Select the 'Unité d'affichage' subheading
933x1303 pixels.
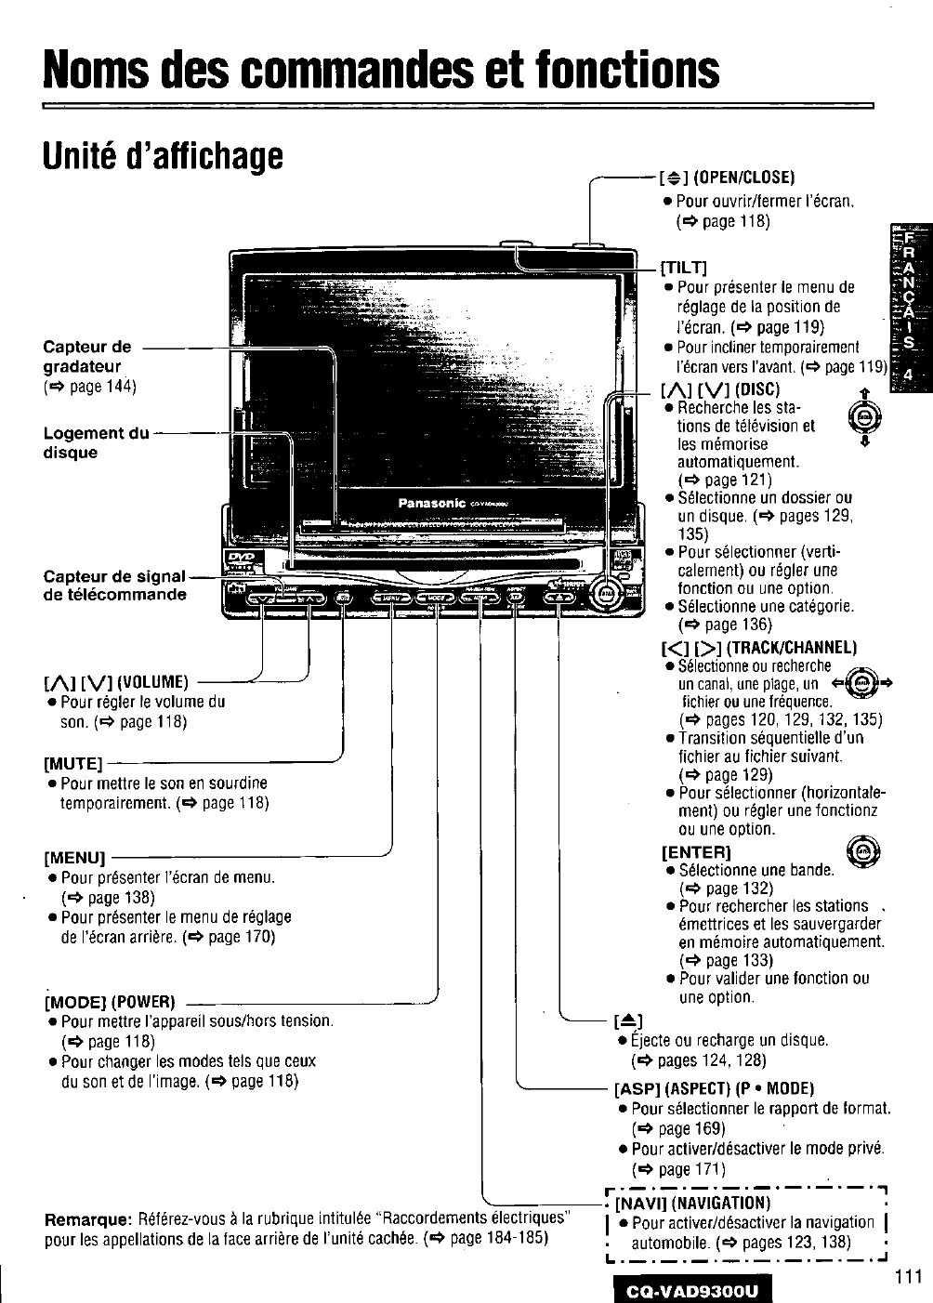pyautogui.click(x=163, y=157)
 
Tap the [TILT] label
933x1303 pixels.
pyautogui.click(x=684, y=269)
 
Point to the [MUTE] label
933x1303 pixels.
pyautogui.click(x=72, y=764)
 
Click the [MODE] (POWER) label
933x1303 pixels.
pyautogui.click(x=110, y=1002)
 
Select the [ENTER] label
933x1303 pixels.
pyautogui.click(x=696, y=851)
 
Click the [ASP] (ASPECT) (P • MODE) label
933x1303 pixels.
pyautogui.click(x=714, y=1088)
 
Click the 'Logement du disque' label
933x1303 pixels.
pyautogui.click(x=97, y=442)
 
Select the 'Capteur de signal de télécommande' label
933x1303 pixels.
pyautogui.click(x=115, y=586)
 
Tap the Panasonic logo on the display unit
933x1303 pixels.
pyautogui.click(x=431, y=503)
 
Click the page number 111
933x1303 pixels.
pyautogui.click(x=908, y=1276)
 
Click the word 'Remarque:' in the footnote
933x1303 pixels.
pyautogui.click(x=88, y=1218)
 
